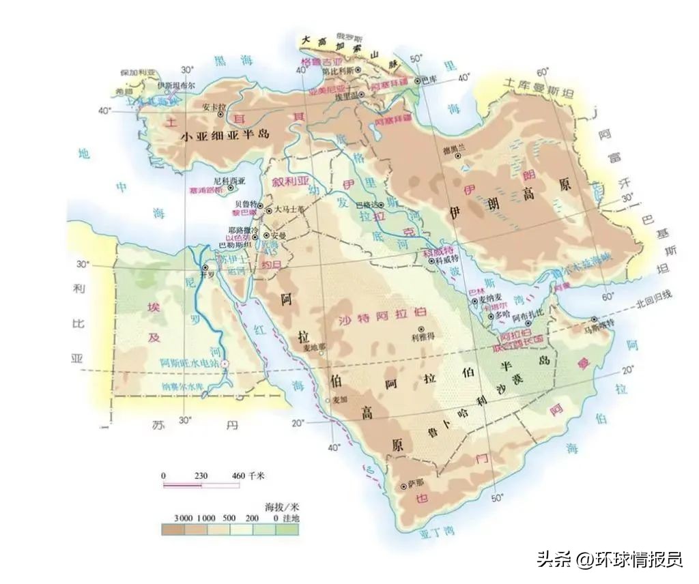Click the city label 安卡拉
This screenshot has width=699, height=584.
214,106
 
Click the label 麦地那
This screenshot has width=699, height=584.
315,347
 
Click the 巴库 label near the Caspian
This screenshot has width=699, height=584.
429,80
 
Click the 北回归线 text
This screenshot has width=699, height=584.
653,294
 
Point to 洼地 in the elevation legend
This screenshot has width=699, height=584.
291,518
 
